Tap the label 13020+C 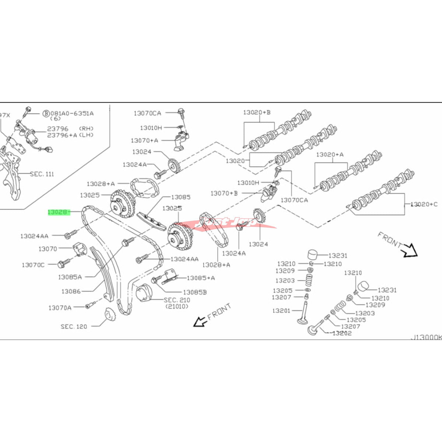(x=424, y=204)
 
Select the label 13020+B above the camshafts (x=256, y=112)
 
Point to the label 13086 (x=71, y=291)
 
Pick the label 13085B (x=194, y=292)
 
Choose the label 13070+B (x=224, y=193)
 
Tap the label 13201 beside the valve (x=281, y=311)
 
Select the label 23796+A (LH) (x=70, y=135)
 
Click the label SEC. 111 (x=42, y=174)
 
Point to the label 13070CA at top (x=147, y=113)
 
